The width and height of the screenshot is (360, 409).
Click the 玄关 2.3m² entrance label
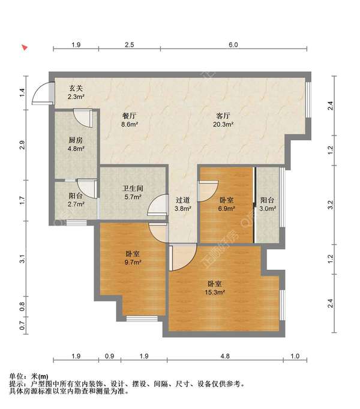76,92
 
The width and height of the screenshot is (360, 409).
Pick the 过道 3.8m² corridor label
182,204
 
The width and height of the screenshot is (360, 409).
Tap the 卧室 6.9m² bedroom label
226,204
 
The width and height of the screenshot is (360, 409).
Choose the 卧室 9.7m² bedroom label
133,258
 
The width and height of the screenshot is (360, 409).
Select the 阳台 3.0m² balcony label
268,204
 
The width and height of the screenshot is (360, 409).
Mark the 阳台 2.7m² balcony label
76,200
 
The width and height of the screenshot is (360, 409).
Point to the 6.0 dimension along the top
233,45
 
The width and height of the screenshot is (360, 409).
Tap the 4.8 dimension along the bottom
224,357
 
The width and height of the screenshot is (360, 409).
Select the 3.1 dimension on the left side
22,259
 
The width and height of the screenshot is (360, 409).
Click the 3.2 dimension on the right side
329,204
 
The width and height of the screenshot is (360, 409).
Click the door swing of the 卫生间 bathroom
157,207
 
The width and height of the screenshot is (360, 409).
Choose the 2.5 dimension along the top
129,45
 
